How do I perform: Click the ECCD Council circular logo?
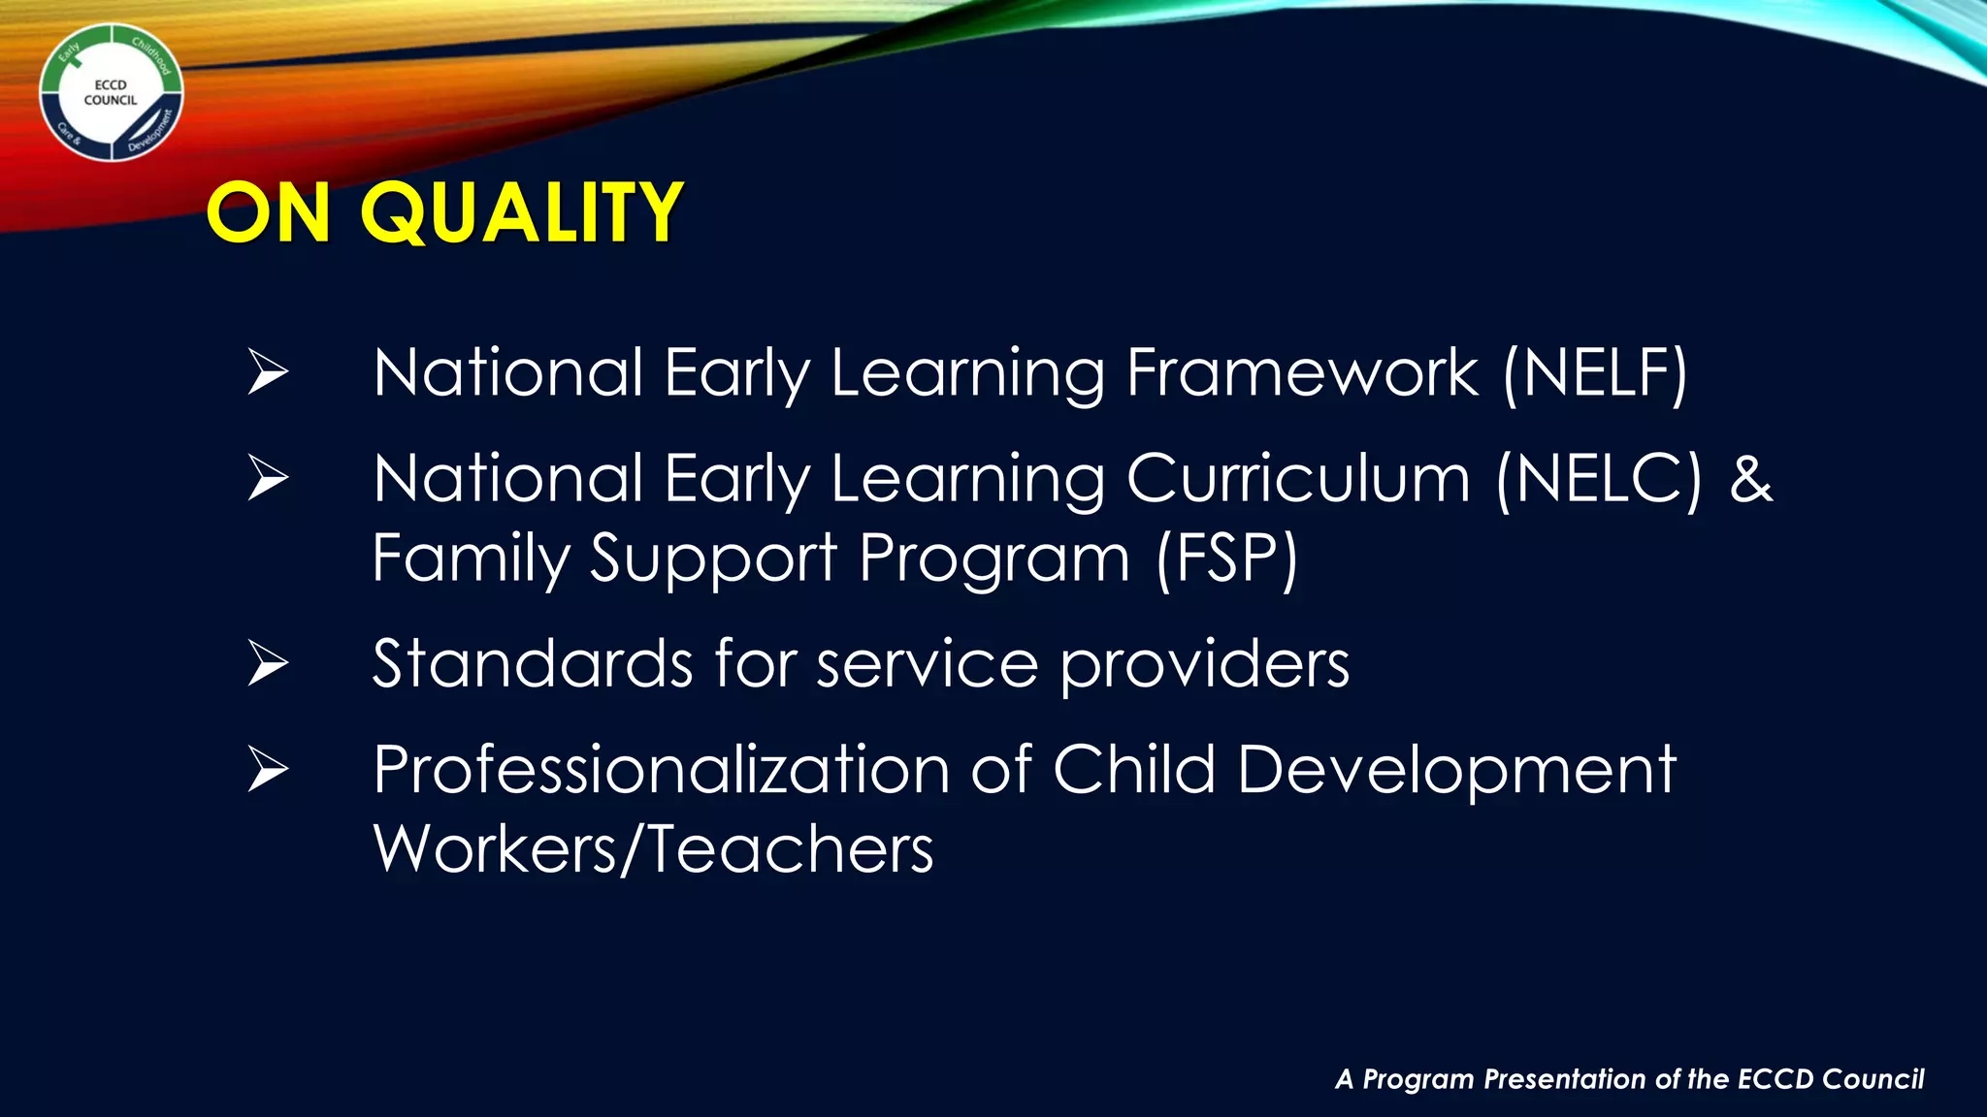coord(111,93)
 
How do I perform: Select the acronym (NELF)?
coord(1595,373)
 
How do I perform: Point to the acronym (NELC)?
coord(1599,479)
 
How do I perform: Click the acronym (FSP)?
coord(1226,559)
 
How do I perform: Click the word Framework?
coord(1302,373)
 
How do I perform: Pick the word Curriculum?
coord(1298,479)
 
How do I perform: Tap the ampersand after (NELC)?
coord(1751,479)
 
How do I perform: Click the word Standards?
coord(533,664)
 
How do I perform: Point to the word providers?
coord(1204,666)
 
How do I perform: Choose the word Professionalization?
coord(662,770)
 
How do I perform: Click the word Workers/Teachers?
coord(653,849)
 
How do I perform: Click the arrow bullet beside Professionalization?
coord(268,770)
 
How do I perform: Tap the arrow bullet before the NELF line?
coord(268,372)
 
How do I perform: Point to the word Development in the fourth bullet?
coord(1456,772)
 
